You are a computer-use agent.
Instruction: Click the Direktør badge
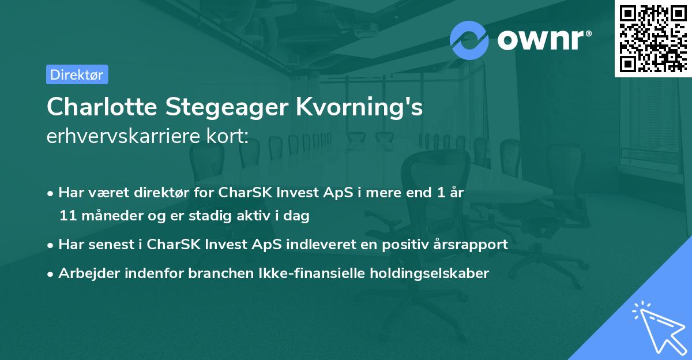[x=77, y=74]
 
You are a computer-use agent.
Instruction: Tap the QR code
[x=653, y=38]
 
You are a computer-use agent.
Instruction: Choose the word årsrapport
[x=473, y=244]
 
